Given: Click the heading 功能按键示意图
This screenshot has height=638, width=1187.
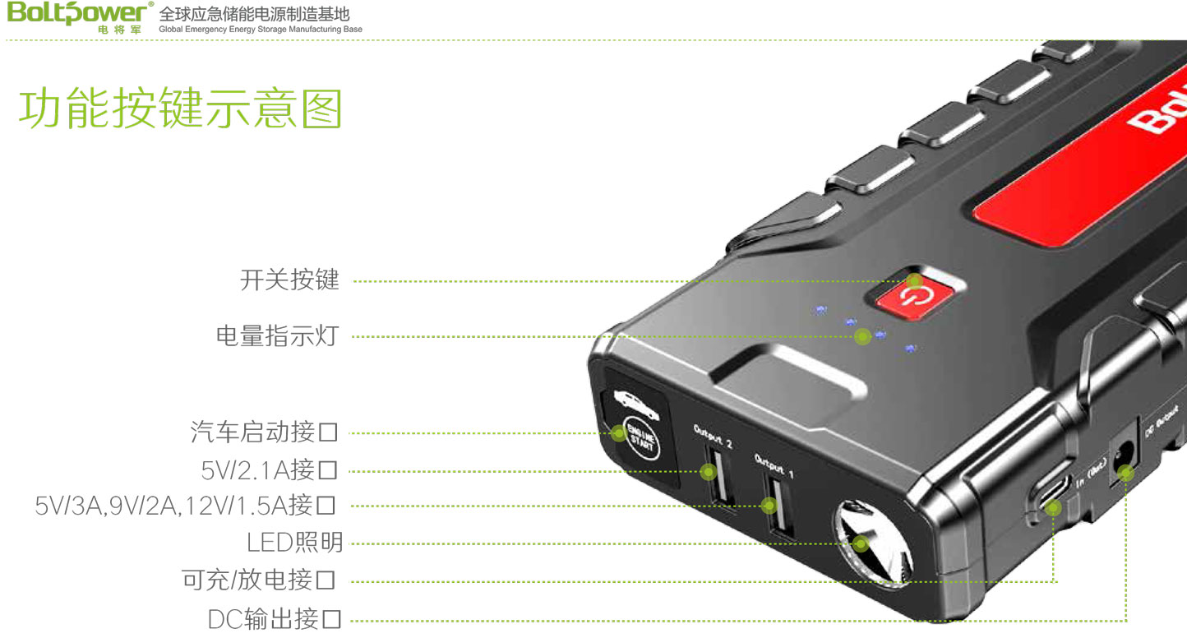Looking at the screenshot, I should click(180, 109).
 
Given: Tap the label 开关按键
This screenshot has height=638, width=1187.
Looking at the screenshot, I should click(289, 280).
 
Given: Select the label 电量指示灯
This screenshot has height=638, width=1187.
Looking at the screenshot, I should click(277, 335).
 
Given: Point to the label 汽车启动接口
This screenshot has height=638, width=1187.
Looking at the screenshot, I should click(264, 432).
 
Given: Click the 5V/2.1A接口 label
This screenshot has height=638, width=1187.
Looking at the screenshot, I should click(270, 470).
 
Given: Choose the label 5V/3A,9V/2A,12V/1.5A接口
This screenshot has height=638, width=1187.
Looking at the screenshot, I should click(186, 506).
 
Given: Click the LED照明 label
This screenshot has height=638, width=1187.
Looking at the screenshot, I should click(294, 543).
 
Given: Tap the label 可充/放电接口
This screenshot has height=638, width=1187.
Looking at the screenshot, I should click(259, 580).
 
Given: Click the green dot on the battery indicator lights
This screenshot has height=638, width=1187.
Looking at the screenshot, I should click(862, 335).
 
